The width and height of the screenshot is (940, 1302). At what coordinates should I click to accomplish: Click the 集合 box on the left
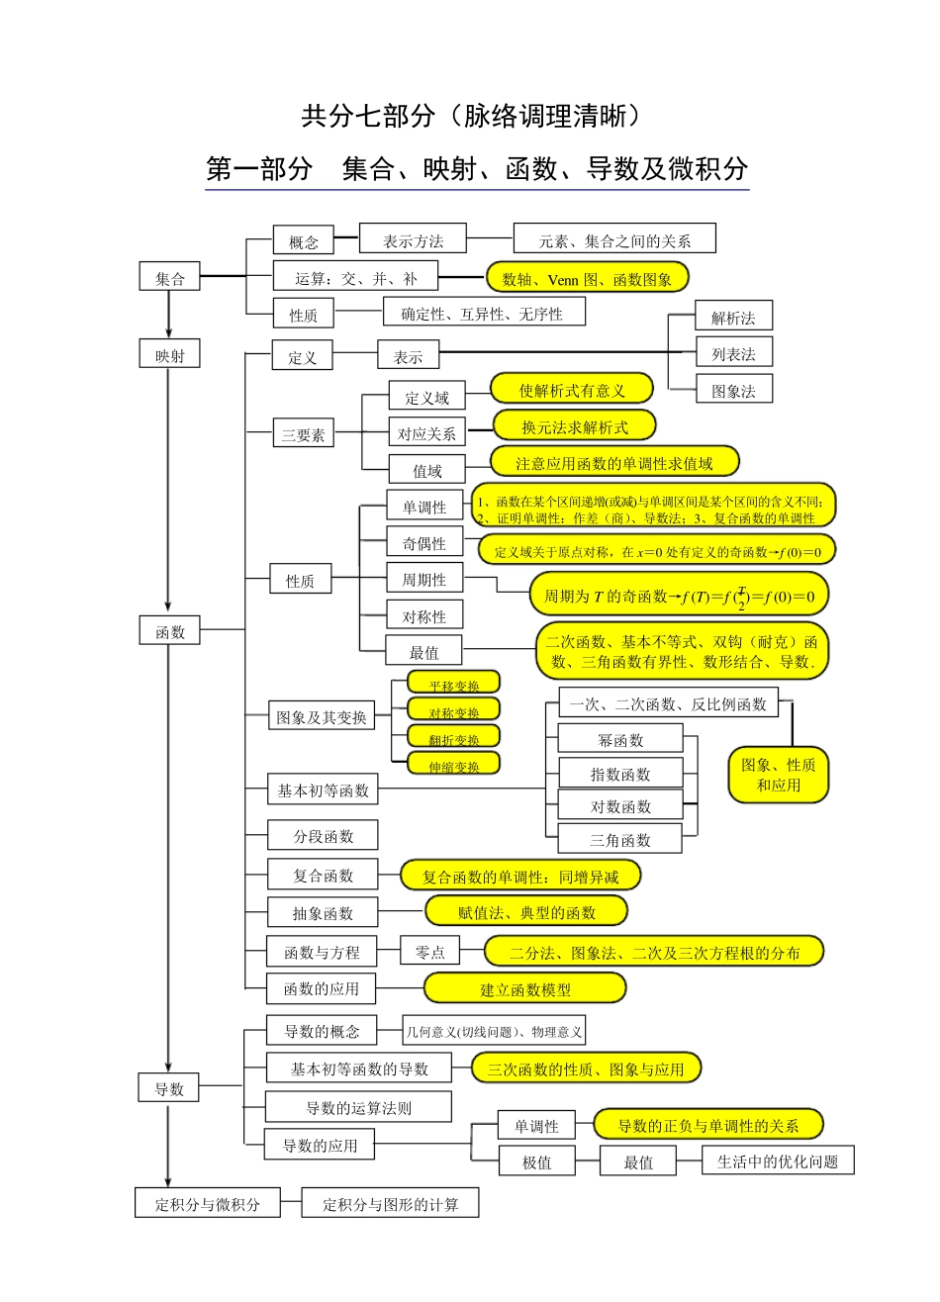click(x=169, y=278)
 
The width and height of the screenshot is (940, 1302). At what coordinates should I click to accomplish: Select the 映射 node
click(x=169, y=355)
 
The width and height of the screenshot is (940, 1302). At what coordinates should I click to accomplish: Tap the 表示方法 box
click(x=413, y=239)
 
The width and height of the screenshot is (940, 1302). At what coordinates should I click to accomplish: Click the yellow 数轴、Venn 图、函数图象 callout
click(x=587, y=279)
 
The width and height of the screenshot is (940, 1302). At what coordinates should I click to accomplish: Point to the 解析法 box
click(x=733, y=317)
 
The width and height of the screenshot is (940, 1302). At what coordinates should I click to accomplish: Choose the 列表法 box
click(x=733, y=353)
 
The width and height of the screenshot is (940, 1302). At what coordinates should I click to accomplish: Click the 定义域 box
click(x=426, y=397)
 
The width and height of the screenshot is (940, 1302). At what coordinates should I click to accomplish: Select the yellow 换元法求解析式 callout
click(x=575, y=426)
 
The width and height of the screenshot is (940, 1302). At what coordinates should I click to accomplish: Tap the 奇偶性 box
click(x=423, y=543)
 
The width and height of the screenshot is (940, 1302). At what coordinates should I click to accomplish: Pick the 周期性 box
click(x=423, y=580)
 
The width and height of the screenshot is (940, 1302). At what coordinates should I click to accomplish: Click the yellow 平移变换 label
click(x=454, y=685)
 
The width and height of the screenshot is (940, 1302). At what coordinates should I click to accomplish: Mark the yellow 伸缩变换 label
click(x=454, y=766)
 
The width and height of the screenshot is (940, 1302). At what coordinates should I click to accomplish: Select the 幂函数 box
click(x=620, y=739)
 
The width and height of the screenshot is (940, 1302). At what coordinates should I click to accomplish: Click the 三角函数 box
click(x=620, y=840)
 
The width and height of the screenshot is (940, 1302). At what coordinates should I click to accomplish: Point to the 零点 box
click(x=429, y=952)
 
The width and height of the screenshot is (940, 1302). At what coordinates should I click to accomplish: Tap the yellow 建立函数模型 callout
click(x=525, y=988)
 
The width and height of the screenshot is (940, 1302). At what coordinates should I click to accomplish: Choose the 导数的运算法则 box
click(x=358, y=1107)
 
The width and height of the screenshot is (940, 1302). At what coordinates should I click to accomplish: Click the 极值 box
click(x=536, y=1162)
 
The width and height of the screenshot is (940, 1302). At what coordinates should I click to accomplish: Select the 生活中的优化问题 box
click(x=778, y=1161)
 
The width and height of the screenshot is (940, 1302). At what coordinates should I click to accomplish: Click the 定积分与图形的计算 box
click(x=390, y=1203)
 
